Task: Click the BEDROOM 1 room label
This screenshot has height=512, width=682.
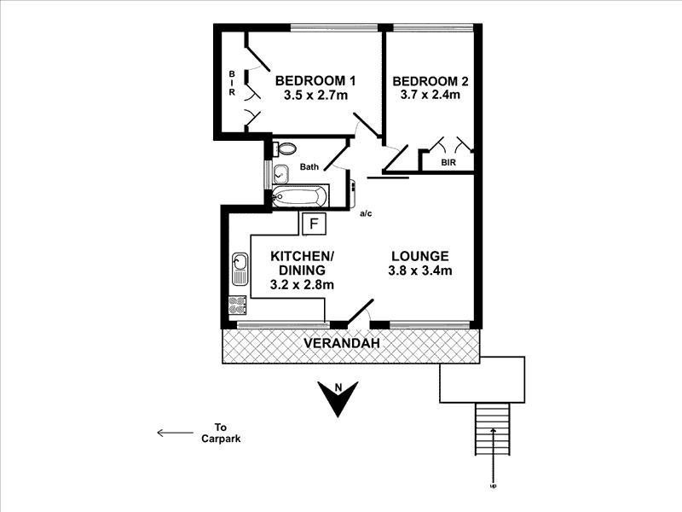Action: (x=315, y=81)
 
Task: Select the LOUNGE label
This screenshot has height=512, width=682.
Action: (x=419, y=256)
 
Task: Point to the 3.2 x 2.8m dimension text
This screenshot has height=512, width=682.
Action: (x=302, y=285)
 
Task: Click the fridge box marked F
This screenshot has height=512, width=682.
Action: (x=314, y=224)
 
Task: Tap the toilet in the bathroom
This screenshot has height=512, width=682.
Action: (x=285, y=148)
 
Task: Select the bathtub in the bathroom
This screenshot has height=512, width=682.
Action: (x=298, y=196)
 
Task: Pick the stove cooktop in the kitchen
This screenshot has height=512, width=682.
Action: (x=237, y=305)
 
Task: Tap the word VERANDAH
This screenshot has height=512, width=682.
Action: (x=341, y=344)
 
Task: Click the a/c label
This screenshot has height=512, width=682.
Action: (x=366, y=213)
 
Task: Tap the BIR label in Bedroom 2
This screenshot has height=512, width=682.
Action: (x=448, y=162)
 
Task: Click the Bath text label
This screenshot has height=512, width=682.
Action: (x=309, y=167)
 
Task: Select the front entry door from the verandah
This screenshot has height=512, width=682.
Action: (x=358, y=313)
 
